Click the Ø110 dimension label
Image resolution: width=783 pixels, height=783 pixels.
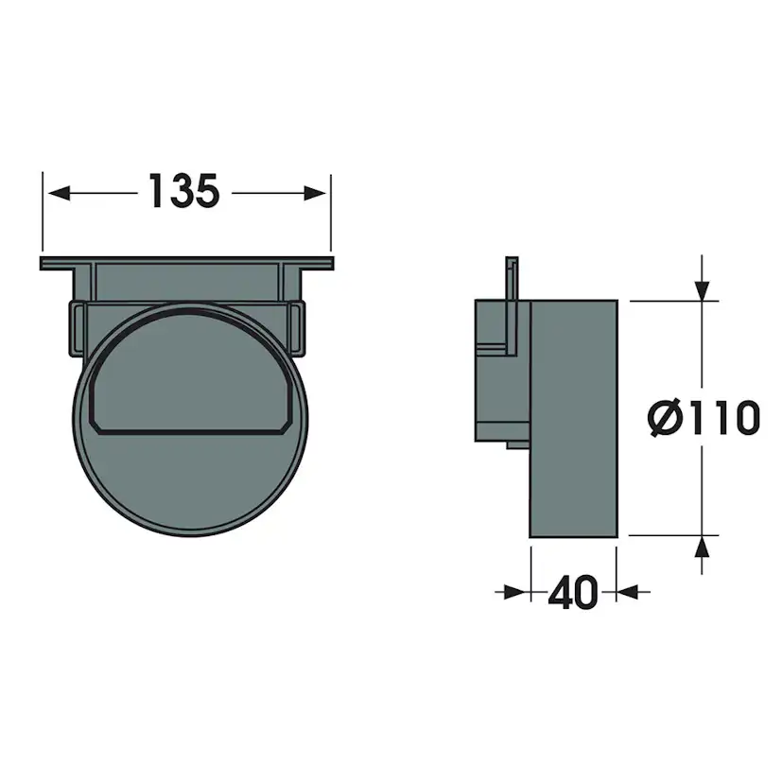coord(704,417)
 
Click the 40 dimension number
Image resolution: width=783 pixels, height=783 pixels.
coord(573,593)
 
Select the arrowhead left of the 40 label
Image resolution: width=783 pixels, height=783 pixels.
coord(515,593)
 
